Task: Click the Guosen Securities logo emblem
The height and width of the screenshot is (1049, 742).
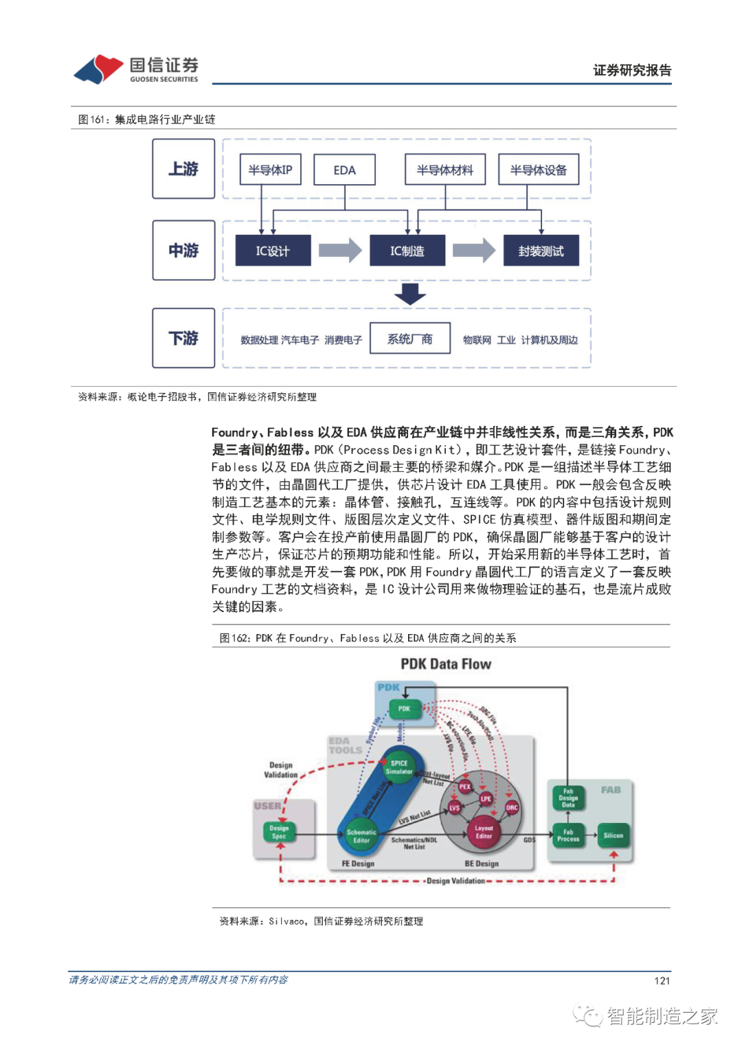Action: [x=99, y=69]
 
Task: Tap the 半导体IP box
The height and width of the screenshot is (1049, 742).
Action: [x=270, y=170]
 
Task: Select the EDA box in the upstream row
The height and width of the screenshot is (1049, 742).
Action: [x=344, y=170]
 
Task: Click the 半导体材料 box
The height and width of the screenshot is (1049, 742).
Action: [x=445, y=170]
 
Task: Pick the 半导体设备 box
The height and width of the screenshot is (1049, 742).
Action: [x=538, y=170]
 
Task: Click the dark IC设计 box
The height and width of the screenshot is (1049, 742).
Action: [x=273, y=251]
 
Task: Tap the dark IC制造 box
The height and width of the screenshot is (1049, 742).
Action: [x=407, y=251]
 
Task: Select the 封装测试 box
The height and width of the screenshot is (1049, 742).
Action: [x=541, y=251]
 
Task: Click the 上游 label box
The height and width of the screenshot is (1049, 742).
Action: [x=183, y=169]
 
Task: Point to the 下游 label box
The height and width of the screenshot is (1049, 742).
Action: [x=183, y=338]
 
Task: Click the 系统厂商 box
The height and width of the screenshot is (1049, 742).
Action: [x=410, y=339]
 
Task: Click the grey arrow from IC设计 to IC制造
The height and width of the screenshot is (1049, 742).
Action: [x=340, y=251]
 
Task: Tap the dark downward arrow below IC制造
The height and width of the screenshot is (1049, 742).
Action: [x=410, y=293]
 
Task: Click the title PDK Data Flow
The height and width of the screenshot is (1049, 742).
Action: [x=446, y=664]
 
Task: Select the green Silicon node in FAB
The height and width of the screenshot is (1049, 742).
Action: [x=613, y=835]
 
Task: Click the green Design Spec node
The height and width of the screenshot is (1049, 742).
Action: [x=279, y=832]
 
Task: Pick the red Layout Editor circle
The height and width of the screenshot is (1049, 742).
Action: [x=484, y=832]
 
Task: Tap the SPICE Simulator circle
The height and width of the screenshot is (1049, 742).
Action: [x=399, y=767]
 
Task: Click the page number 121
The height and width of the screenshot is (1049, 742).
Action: [x=662, y=980]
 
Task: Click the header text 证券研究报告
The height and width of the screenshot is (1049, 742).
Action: [x=632, y=70]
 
